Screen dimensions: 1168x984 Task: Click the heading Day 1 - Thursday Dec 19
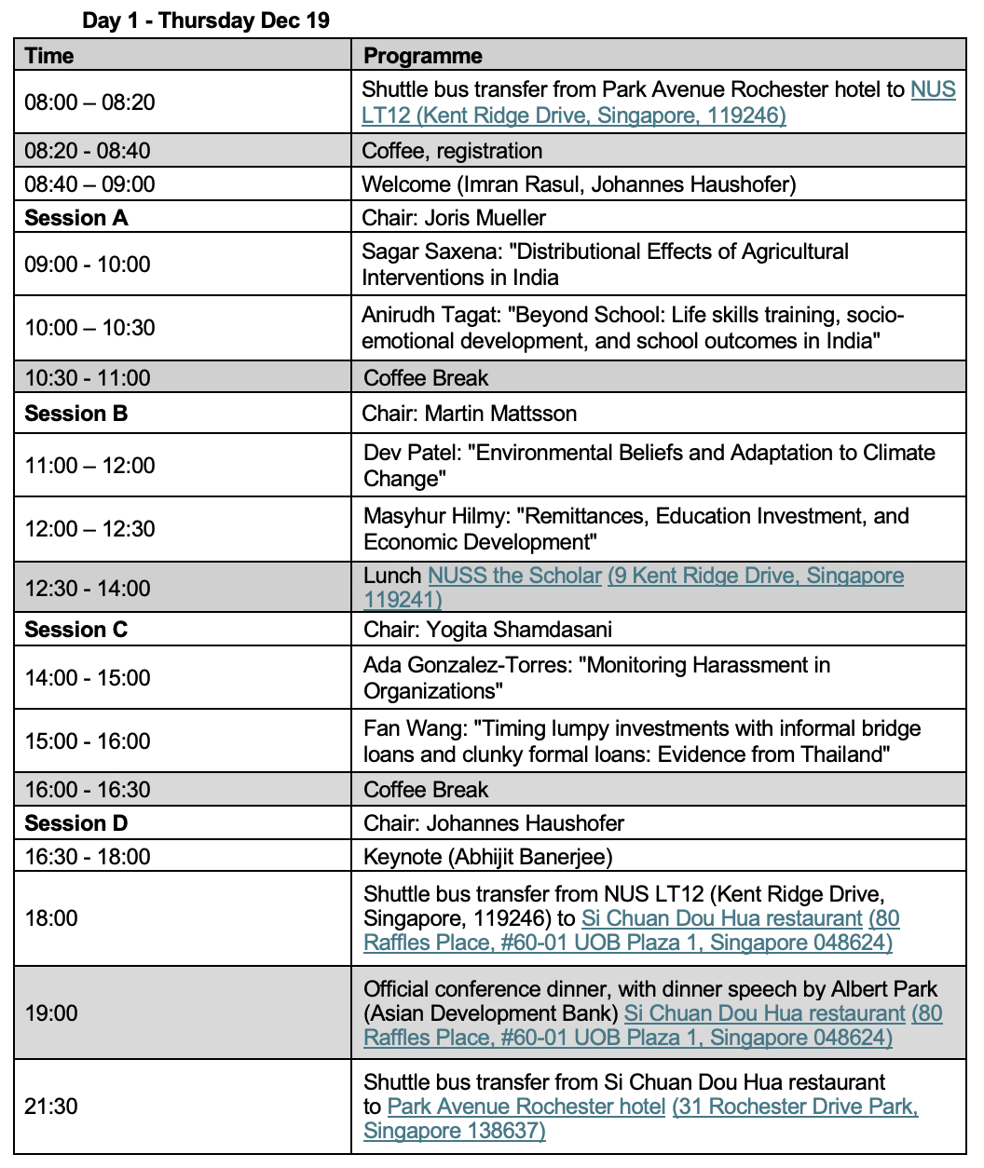pos(206,20)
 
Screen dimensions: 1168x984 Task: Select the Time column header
pos(49,56)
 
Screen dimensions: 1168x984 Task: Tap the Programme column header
pos(423,56)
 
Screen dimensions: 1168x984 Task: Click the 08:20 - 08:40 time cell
pos(88,151)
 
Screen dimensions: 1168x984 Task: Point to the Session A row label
pos(76,218)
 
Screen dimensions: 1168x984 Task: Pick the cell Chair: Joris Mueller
pos(454,218)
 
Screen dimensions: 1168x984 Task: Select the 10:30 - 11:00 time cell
pos(88,378)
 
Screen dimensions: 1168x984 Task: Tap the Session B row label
pos(76,414)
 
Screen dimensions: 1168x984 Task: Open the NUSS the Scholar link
pos(514,576)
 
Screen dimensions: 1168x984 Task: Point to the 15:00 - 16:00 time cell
pos(88,741)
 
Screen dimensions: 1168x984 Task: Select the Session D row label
pos(76,823)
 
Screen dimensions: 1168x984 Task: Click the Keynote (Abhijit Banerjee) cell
pos(487,857)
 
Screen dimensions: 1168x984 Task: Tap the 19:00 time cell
pos(51,1013)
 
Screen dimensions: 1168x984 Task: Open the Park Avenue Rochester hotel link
pos(526,1107)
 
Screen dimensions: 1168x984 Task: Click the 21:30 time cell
pos(51,1107)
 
